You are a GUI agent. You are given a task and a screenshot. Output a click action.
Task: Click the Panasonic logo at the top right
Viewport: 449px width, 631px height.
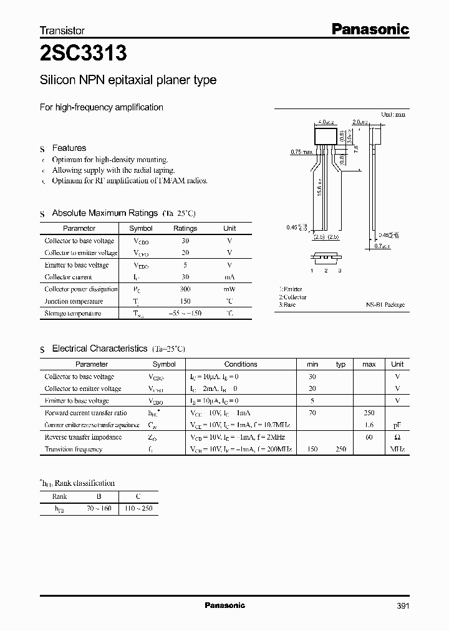[x=369, y=29]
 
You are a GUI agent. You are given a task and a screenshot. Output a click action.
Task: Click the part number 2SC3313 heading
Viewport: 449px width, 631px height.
[x=83, y=54]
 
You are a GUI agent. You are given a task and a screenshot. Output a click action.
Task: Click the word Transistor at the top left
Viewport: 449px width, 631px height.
[x=62, y=30]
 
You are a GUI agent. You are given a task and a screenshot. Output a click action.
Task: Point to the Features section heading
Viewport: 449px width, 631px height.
[x=69, y=148]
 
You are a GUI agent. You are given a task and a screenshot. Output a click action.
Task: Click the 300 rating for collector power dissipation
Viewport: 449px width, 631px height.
[x=185, y=289]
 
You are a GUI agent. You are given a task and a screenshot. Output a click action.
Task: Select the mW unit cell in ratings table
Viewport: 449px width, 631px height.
[x=229, y=289]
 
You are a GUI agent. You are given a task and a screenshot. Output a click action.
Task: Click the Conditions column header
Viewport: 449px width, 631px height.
[x=240, y=364]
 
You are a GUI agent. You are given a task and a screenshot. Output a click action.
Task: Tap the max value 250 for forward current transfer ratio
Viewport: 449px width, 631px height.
[x=369, y=413]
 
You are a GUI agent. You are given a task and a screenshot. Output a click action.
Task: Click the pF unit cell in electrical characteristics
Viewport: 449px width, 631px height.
[x=397, y=425]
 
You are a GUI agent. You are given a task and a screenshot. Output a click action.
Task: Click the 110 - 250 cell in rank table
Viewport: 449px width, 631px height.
[x=138, y=509]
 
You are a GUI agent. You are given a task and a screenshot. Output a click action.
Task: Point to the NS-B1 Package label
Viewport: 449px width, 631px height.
[x=385, y=305]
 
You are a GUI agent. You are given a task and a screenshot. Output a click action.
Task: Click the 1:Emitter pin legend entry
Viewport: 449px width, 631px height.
[x=291, y=289]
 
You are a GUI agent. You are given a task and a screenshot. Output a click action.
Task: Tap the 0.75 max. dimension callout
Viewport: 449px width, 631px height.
[x=302, y=152]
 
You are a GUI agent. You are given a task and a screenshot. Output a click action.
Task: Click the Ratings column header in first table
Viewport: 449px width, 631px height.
[x=185, y=228]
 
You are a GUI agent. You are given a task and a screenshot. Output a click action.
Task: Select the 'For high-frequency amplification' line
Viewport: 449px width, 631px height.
[x=102, y=107]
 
